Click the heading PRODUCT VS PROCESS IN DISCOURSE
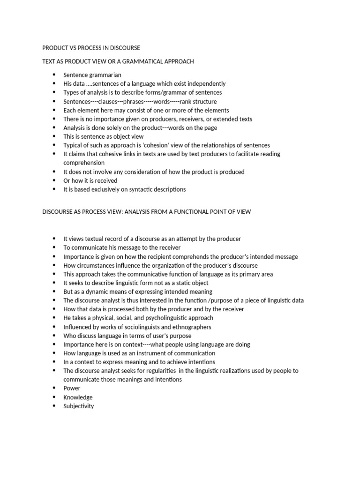point(91,48)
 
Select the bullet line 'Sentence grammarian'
point(92,75)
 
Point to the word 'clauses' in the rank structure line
point(109,101)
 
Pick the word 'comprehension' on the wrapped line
point(84,163)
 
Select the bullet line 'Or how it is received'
point(90,180)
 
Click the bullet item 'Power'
point(72,388)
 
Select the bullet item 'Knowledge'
point(78,397)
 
